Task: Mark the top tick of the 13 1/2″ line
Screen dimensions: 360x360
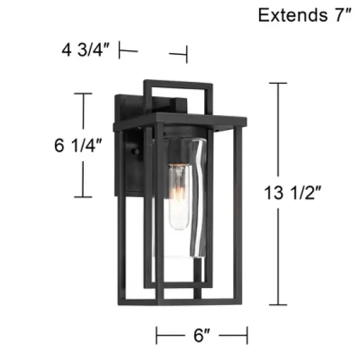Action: [278, 84]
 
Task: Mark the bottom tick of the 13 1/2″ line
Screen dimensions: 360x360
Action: [278, 304]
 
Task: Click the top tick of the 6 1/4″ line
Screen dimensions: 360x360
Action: [82, 94]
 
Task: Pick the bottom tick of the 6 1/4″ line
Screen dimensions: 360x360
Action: [82, 196]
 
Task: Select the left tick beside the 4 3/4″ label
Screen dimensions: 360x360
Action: [120, 50]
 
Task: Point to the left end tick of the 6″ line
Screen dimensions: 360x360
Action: [157, 336]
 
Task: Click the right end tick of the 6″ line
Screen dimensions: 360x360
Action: [246, 336]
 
